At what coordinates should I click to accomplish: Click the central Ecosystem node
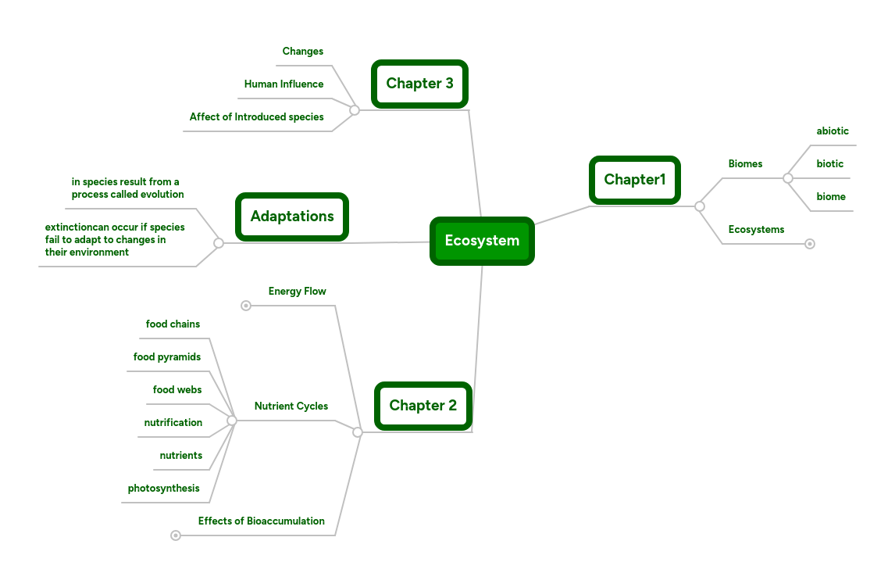pyautogui.click(x=482, y=241)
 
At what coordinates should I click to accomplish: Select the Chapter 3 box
pyautogui.click(x=419, y=84)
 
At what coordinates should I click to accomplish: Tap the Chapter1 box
pyautogui.click(x=635, y=180)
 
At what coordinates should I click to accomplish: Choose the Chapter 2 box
pyautogui.click(x=423, y=406)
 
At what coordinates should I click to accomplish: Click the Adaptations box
pyautogui.click(x=292, y=217)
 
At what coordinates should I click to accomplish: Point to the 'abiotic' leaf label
pyautogui.click(x=833, y=131)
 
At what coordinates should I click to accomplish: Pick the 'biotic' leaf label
pyautogui.click(x=830, y=164)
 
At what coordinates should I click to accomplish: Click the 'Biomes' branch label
pyautogui.click(x=745, y=164)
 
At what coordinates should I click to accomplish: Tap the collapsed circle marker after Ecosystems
pyautogui.click(x=810, y=244)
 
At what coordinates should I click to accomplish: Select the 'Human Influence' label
pyautogui.click(x=283, y=84)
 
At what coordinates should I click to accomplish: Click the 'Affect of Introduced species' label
pyautogui.click(x=256, y=117)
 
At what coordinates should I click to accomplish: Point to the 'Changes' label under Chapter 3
pyautogui.click(x=302, y=52)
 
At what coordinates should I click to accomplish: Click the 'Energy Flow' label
pyautogui.click(x=297, y=292)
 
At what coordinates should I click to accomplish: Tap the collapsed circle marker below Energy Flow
pyautogui.click(x=246, y=306)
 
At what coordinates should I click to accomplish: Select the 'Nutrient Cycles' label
pyautogui.click(x=291, y=406)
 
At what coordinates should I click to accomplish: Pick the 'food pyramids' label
pyautogui.click(x=167, y=357)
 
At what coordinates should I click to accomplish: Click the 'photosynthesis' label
pyautogui.click(x=164, y=489)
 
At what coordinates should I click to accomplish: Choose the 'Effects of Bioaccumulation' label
pyautogui.click(x=261, y=521)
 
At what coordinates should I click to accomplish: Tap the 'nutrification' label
pyautogui.click(x=173, y=423)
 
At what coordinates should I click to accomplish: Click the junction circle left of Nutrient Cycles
pyautogui.click(x=232, y=421)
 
